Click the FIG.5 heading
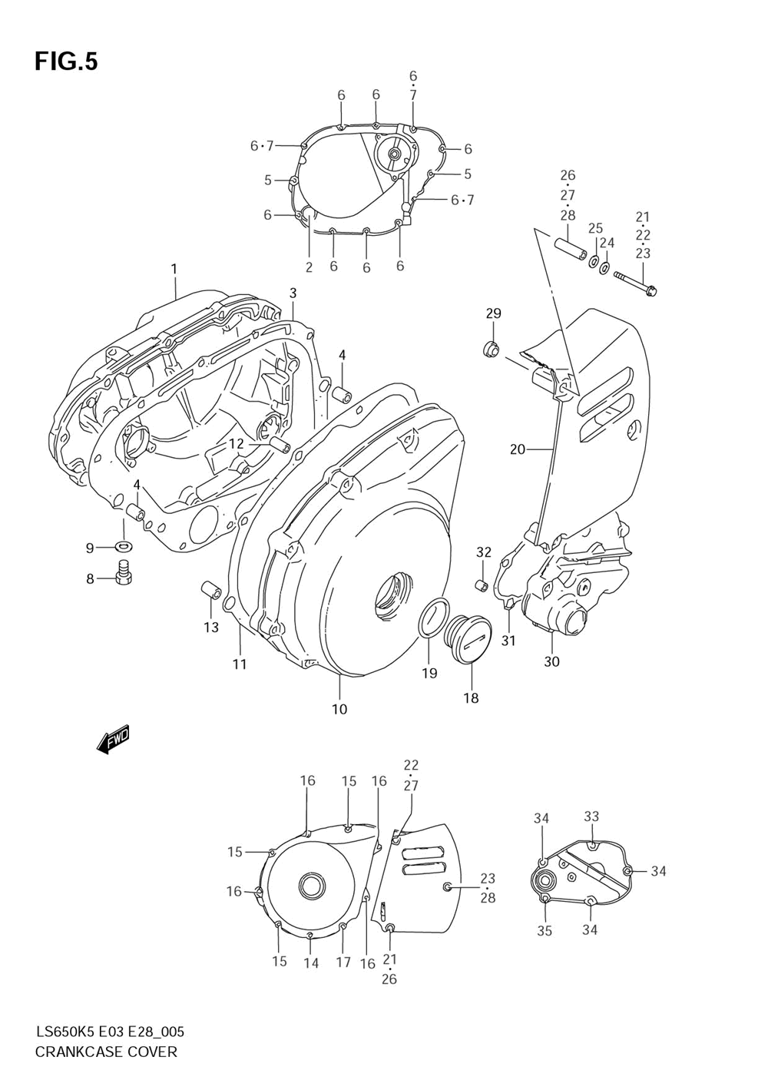pyautogui.click(x=66, y=62)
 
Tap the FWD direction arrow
pyautogui.click(x=114, y=739)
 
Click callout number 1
pyautogui.click(x=174, y=269)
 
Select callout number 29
pyautogui.click(x=493, y=313)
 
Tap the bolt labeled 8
pyautogui.click(x=123, y=572)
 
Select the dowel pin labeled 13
pyautogui.click(x=210, y=592)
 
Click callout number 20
pyautogui.click(x=517, y=449)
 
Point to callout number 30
pyautogui.click(x=551, y=661)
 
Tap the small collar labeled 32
pyautogui.click(x=482, y=586)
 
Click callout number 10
pyautogui.click(x=339, y=709)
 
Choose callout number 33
pyautogui.click(x=591, y=817)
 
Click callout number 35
pyautogui.click(x=545, y=931)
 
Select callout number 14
pyautogui.click(x=310, y=963)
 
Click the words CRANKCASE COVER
pyautogui.click(x=106, y=1052)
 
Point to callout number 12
pyautogui.click(x=235, y=443)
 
